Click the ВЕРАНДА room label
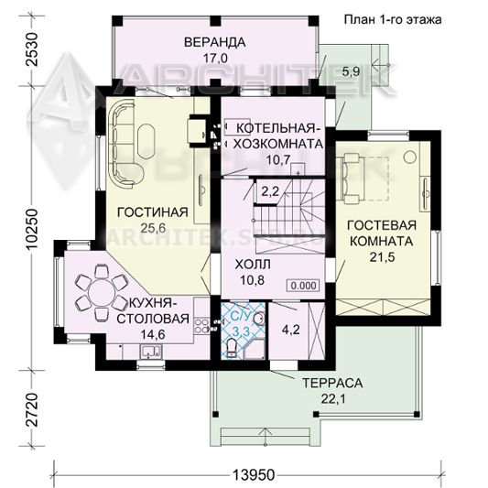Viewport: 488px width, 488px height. tap(215, 42)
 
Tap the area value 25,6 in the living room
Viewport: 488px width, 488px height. tap(153, 228)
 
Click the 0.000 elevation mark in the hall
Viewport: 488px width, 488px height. tap(303, 286)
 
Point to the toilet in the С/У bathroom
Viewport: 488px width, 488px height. tap(232, 348)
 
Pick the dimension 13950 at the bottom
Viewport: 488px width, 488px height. tap(254, 475)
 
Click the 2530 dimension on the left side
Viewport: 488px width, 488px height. tap(32, 49)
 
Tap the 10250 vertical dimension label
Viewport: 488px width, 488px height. tap(32, 229)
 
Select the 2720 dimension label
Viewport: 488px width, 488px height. tap(32, 409)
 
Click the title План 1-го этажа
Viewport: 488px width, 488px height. tap(393, 19)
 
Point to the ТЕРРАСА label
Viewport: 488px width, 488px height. tap(332, 383)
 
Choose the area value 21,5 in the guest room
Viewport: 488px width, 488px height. tap(382, 257)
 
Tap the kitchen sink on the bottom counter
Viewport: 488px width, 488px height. tap(151, 351)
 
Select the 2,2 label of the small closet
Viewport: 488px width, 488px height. tap(270, 191)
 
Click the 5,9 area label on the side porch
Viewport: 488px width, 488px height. tap(351, 71)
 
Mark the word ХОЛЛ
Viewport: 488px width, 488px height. tap(253, 265)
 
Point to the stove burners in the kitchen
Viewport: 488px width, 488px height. tap(201, 325)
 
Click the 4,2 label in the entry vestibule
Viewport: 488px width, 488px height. tap(290, 330)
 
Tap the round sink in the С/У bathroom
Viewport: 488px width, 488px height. tap(259, 319)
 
